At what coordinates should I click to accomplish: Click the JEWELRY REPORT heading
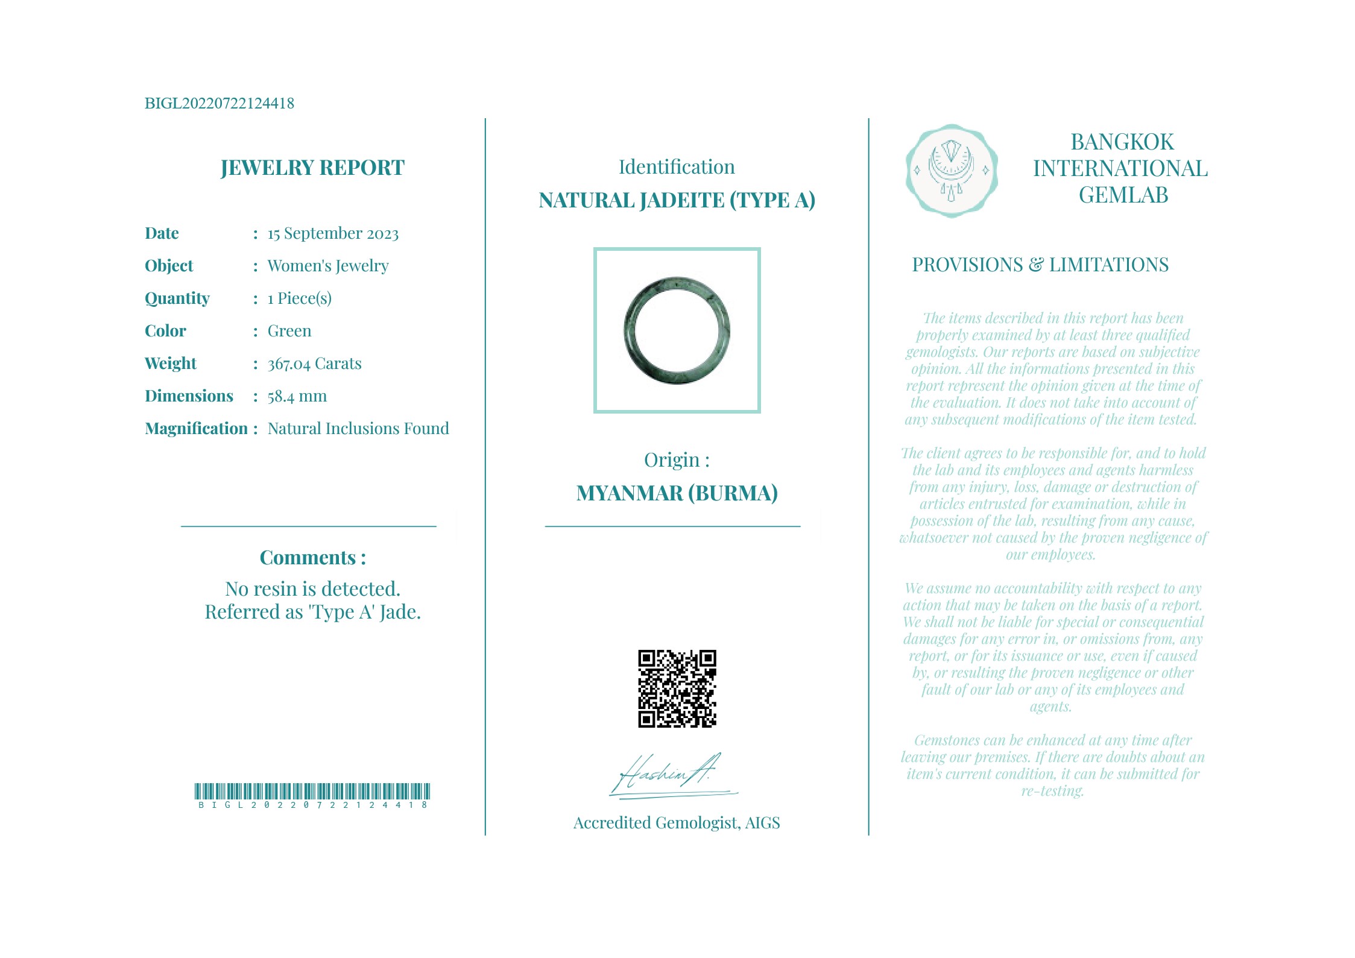coord(312,168)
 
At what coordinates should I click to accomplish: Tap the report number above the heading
coord(220,104)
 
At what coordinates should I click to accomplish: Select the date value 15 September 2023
coord(333,234)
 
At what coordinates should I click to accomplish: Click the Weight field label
coord(171,364)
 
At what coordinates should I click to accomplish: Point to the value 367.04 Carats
coord(314,364)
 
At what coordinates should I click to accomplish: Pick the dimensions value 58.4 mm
coord(297,396)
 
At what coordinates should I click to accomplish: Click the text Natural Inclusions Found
coord(358,429)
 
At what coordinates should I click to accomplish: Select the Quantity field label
coord(177,298)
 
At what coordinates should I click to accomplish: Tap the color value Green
coord(289,331)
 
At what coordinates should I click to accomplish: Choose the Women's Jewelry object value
coord(328,266)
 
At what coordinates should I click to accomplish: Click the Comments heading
coord(312,558)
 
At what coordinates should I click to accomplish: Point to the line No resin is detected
coord(312,589)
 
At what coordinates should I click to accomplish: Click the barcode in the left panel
coord(312,792)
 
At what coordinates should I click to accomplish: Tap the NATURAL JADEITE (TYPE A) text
coord(677,200)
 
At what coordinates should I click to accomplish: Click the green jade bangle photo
coord(677,330)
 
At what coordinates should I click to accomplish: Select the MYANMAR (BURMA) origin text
coord(677,493)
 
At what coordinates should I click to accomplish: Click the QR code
coord(677,689)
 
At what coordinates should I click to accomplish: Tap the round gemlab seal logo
coord(951,171)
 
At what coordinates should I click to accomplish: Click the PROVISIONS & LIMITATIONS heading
coord(1040,265)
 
